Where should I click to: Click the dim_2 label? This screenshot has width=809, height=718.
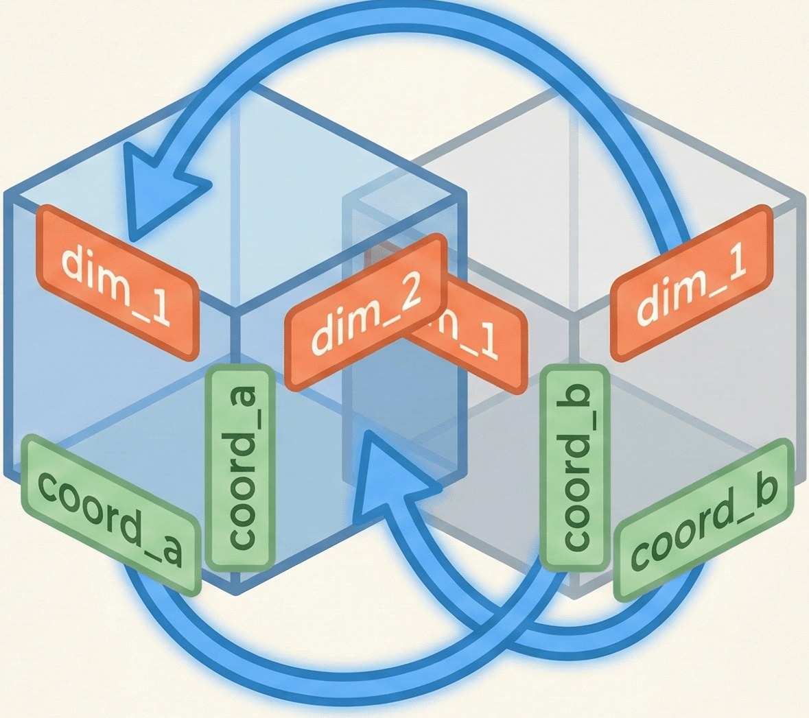(364, 313)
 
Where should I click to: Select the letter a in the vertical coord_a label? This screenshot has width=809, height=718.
(243, 401)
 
